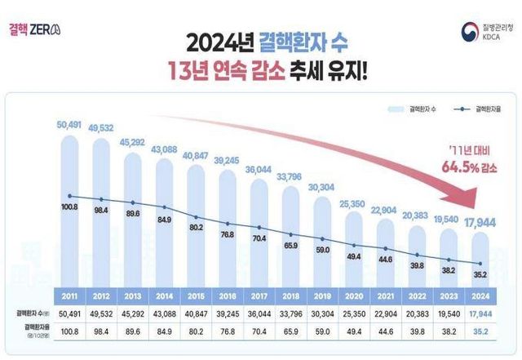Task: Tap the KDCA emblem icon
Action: coord(468,33)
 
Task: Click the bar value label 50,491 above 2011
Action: coord(71,126)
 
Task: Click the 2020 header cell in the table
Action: coord(352,296)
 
